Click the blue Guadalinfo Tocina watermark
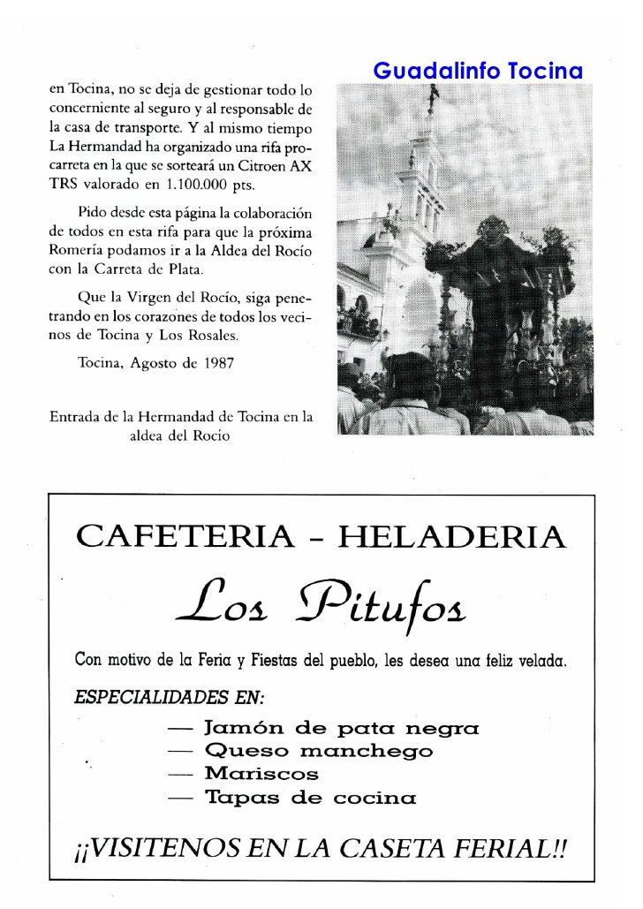477,70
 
